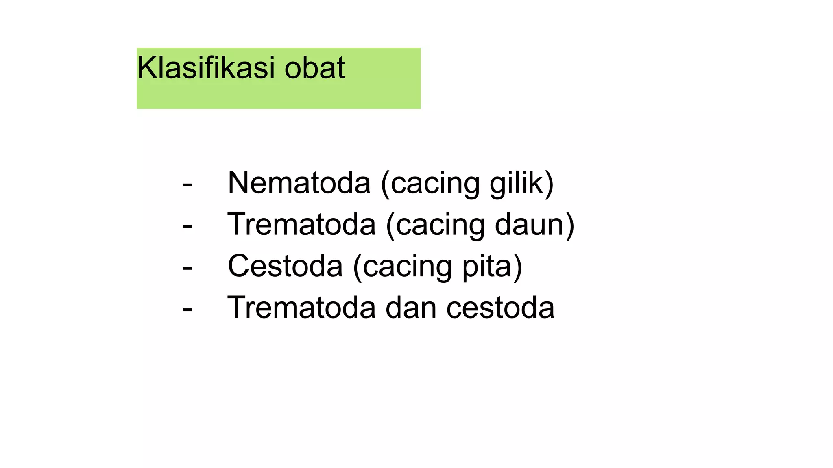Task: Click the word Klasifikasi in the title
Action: click(x=206, y=68)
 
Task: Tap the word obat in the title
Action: click(x=314, y=68)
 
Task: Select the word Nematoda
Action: click(x=299, y=183)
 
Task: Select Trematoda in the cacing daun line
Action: click(x=301, y=225)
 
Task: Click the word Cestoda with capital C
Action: click(x=285, y=266)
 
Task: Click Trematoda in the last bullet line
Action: click(x=301, y=308)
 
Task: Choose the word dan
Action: click(x=411, y=308)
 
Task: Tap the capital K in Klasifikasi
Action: click(x=146, y=68)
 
